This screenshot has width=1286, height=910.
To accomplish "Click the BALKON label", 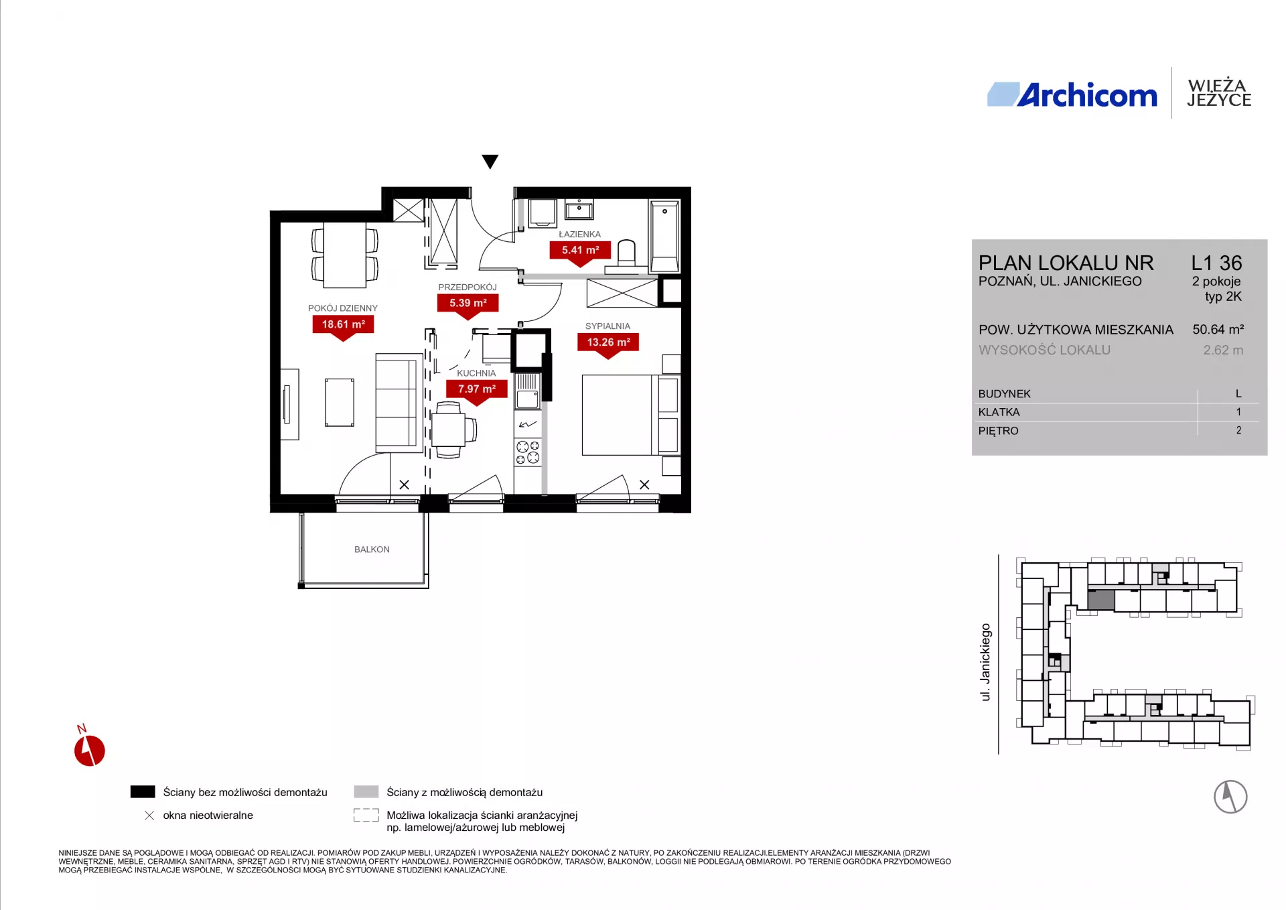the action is point(372,549).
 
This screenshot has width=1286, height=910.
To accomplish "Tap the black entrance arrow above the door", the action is point(490,161).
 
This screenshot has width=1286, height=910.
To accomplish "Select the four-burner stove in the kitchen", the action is point(528,452).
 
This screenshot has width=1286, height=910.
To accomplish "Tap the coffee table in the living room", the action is point(340,402).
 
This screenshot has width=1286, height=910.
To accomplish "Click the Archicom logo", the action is point(1072,95).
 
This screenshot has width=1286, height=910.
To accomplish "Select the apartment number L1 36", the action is point(1216,263).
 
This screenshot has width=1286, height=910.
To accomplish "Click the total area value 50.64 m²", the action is point(1218,330).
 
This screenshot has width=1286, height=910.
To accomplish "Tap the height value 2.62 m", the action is point(1223,350).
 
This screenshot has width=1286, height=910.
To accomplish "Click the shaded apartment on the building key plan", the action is point(1101,600).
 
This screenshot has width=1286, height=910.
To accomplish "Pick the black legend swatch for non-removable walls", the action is point(143,792).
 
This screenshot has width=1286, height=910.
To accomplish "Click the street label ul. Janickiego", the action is point(985,662).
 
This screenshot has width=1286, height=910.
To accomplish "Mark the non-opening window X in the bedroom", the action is point(644,484).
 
